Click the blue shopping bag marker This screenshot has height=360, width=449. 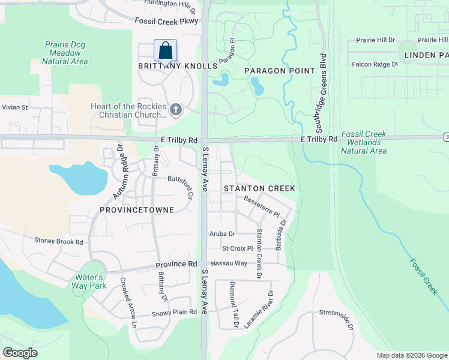tap(165, 50)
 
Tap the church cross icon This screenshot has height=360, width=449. tap(175, 109)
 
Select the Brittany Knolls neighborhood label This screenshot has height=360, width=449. tap(176, 66)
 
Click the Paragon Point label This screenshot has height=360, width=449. tap(280, 71)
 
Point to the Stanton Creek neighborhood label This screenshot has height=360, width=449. tap(259, 188)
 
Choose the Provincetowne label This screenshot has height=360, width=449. tap(137, 210)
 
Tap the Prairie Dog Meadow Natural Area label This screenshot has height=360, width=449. tap(66, 53)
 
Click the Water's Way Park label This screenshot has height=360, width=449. tap(90, 282)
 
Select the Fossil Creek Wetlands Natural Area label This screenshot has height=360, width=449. tap(364, 142)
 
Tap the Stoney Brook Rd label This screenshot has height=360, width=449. tap(58, 242)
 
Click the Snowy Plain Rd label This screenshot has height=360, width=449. tap(174, 313)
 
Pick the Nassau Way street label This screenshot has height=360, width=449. tap(228, 263)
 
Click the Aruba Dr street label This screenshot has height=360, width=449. tap(222, 234)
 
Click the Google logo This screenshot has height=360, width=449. tap(20, 353)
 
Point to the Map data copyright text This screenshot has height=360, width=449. tap(411, 355)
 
